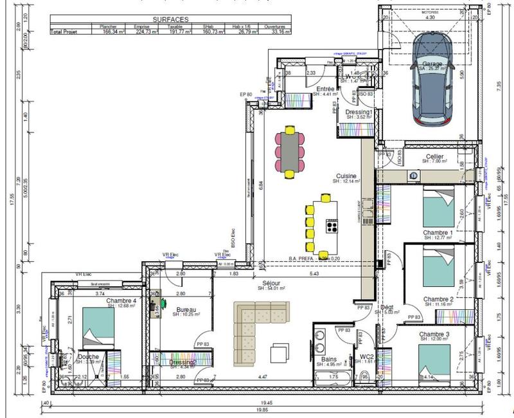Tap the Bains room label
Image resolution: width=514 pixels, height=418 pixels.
327,360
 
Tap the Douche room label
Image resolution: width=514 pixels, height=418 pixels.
88,357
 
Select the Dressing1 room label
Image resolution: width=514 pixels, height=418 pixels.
359,112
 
